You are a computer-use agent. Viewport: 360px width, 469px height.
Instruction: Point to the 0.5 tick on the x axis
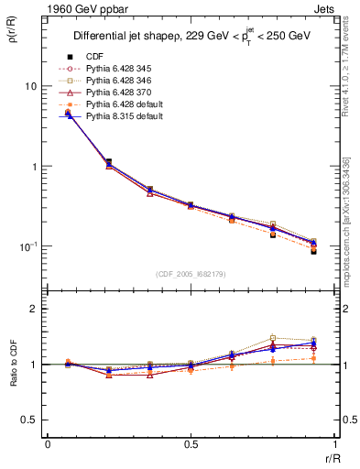point(191,443)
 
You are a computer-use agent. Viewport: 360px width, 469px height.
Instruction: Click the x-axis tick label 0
point(47,443)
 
